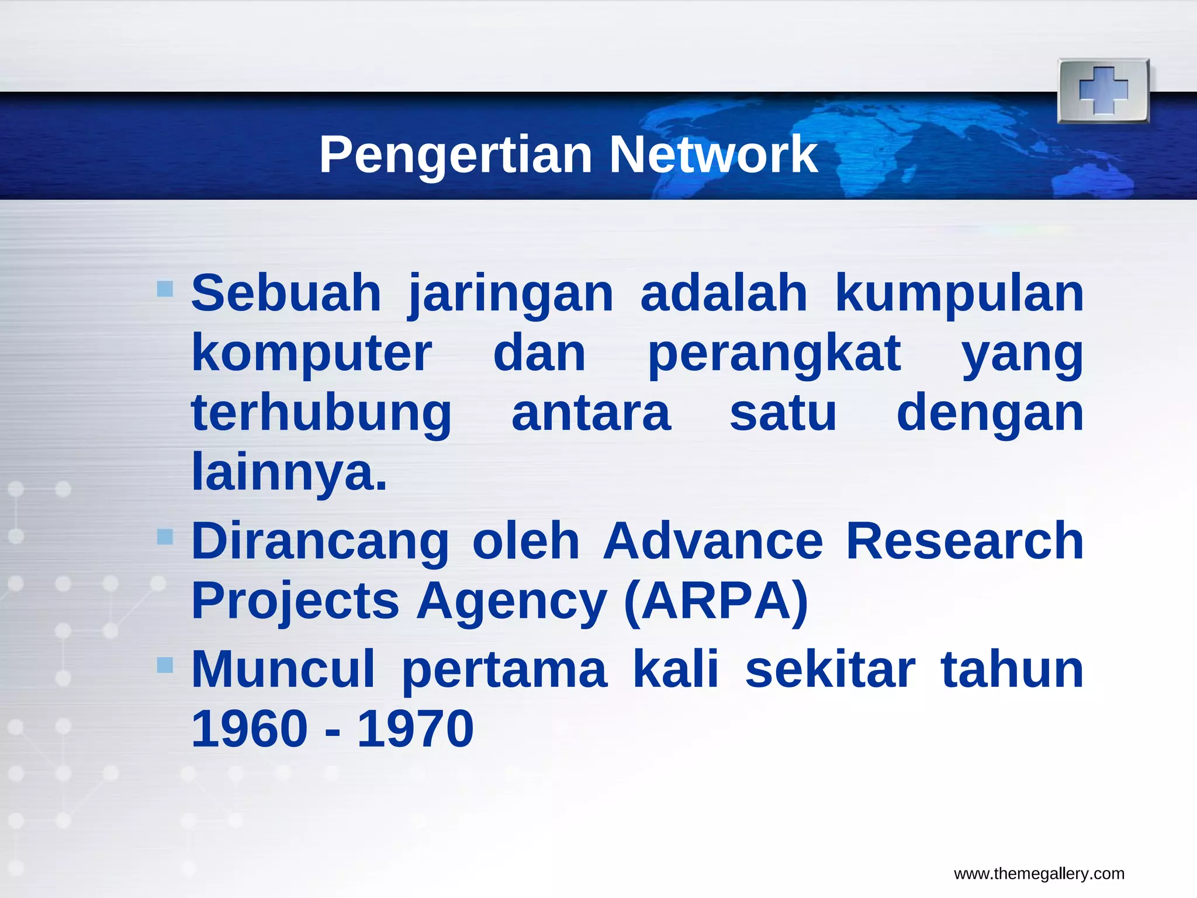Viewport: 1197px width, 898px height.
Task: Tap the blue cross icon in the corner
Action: (1103, 91)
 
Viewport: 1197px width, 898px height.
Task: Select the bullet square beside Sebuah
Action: (165, 288)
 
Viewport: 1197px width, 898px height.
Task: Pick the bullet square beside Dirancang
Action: (165, 536)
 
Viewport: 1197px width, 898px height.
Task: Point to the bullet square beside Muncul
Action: (165, 665)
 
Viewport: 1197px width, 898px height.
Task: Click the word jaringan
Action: (511, 294)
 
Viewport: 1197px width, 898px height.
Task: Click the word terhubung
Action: (321, 413)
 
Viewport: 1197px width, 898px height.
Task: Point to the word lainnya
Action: (289, 472)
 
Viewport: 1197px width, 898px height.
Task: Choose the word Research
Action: (964, 541)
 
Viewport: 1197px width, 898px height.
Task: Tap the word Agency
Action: (511, 602)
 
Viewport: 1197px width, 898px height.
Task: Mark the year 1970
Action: (415, 729)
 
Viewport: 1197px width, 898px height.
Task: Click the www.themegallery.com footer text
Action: (1039, 874)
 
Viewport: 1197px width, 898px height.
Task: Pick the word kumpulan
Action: (959, 294)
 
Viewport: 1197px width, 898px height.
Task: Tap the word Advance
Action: (713, 541)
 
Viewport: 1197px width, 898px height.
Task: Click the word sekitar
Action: (830, 670)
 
